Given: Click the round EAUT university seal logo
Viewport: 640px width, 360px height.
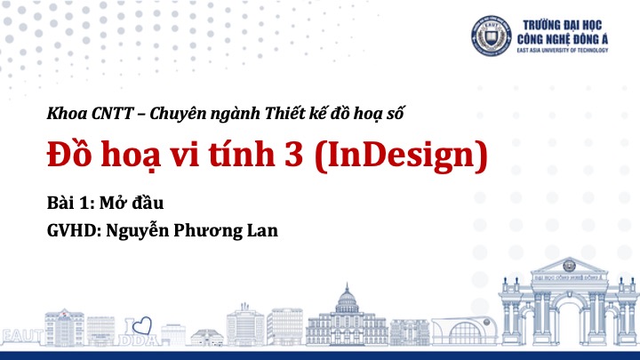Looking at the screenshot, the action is [491, 36].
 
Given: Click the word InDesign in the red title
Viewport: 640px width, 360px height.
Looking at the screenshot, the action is [402, 155].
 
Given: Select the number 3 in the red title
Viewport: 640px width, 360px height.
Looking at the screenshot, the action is [293, 155].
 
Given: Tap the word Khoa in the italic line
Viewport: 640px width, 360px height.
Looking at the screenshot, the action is [67, 113].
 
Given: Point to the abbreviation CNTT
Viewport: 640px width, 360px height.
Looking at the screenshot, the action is [112, 114].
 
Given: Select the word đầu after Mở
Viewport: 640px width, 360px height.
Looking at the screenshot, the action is [148, 202].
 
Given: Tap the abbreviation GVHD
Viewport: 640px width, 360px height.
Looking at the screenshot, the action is [72, 230].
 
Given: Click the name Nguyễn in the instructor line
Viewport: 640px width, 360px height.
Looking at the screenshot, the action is [138, 230].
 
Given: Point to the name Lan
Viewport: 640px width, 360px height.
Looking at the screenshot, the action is [263, 230].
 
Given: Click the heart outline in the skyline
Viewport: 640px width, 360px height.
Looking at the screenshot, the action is [142, 325].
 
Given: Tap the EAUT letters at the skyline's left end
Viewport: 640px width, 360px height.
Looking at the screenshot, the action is [21, 336].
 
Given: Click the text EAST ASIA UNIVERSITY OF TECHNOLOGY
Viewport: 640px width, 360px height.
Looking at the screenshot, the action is [563, 50].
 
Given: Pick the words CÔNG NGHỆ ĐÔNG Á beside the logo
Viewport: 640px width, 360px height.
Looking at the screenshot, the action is [563, 39].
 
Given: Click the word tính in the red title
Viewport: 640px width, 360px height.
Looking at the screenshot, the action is [242, 155].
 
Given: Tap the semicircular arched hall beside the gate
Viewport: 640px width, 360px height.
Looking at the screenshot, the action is [464, 331].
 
